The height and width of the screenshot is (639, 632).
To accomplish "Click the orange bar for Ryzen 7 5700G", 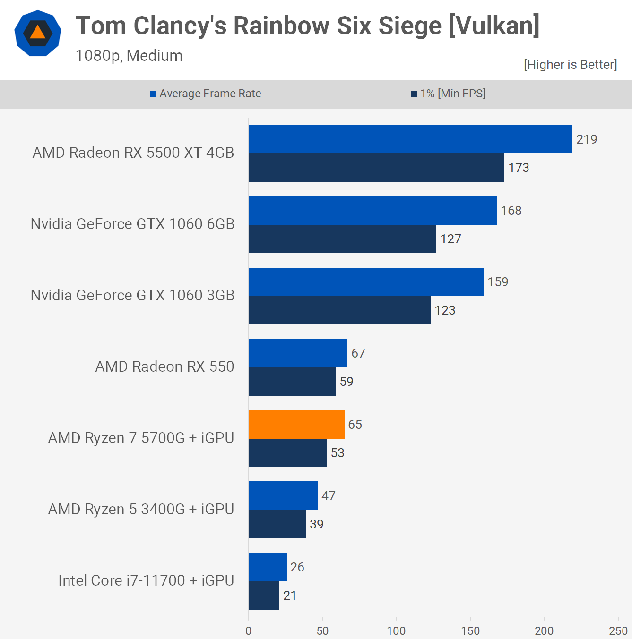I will tap(296, 424).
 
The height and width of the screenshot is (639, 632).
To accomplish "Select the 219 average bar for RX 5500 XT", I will tap(410, 139).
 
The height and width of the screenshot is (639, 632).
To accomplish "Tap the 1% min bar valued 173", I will tap(376, 168).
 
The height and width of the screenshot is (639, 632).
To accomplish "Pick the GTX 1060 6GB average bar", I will tap(372, 211).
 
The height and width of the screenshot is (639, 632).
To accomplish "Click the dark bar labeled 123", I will tap(339, 310).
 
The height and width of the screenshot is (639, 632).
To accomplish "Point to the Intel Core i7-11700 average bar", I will tap(268, 567).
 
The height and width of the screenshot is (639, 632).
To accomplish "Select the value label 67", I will tap(358, 353).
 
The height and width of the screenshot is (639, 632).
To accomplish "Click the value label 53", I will tap(338, 453).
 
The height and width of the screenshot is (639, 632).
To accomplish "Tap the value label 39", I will tap(317, 524).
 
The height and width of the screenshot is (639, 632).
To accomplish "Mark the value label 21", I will tap(290, 596).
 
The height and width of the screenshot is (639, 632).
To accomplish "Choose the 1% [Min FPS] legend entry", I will tap(448, 94).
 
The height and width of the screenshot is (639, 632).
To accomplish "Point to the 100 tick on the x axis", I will tap(396, 630).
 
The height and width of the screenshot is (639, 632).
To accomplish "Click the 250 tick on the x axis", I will tap(618, 630).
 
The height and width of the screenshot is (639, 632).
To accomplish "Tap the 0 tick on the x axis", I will tap(249, 630).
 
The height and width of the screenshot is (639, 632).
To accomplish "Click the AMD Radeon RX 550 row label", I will tap(164, 366).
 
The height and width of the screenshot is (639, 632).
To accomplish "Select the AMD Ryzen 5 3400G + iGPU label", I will tap(141, 509).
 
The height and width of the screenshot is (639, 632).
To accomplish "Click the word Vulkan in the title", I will tap(494, 26).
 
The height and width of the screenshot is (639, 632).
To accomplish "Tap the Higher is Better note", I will tap(570, 65).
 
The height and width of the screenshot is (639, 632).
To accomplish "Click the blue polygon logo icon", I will tap(38, 33).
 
